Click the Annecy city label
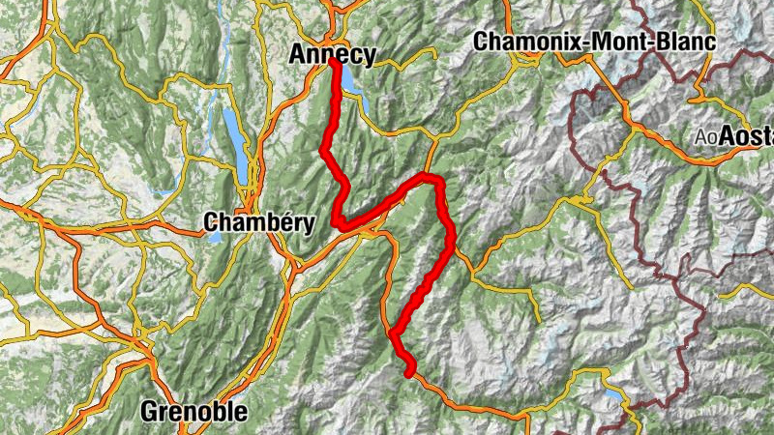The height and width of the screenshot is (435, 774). pyautogui.click(x=332, y=55)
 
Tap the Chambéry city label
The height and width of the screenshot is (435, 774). pyautogui.click(x=259, y=223)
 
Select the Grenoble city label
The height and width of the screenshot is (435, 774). pyautogui.click(x=193, y=412)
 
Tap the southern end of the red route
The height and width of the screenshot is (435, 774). pyautogui.click(x=410, y=373)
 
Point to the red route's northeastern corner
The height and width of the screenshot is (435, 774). pyautogui.click(x=438, y=181)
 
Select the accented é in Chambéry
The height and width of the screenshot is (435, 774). pyautogui.click(x=278, y=222)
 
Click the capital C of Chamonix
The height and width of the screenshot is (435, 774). pyautogui.click(x=481, y=42)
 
